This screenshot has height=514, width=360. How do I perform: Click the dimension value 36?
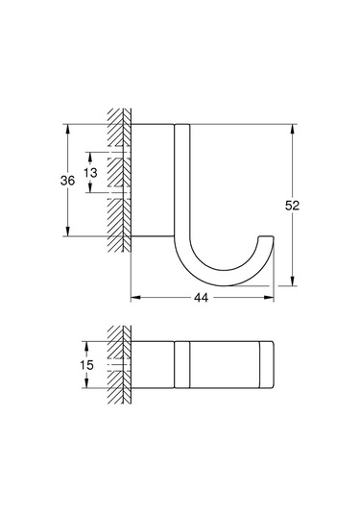pos(67,181)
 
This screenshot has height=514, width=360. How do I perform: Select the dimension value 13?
pos(90,172)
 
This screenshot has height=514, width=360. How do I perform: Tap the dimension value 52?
pos(292,206)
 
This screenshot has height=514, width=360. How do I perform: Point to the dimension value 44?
pos(201,298)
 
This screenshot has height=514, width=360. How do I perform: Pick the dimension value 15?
pos(86,365)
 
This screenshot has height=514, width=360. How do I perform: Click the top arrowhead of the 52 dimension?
pos(293,129)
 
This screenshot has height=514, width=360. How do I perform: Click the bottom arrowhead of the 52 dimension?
pos(293,281)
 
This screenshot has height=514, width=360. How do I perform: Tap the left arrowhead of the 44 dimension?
pos(135,297)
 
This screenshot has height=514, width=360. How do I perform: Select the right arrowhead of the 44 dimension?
pos(269,297)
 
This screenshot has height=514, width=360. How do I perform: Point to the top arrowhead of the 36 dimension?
pos(68,129)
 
